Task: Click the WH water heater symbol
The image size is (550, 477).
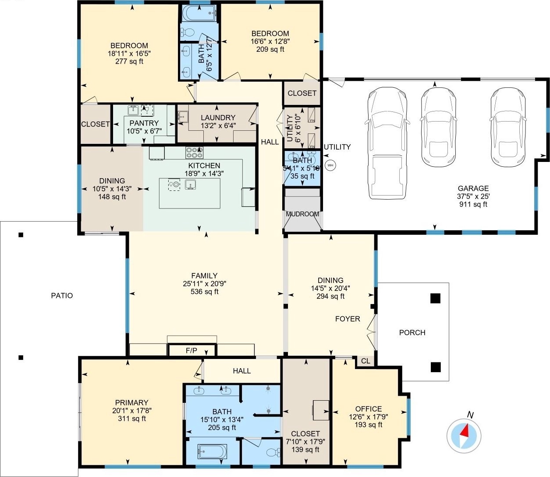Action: click(330, 165)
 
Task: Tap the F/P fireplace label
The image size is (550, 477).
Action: click(192, 351)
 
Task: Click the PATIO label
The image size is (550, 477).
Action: click(62, 295)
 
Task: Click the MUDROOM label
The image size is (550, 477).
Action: click(302, 214)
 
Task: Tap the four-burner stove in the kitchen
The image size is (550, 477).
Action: click(194, 153)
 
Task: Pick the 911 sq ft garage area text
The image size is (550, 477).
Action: click(473, 204)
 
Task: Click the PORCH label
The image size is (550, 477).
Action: click(412, 333)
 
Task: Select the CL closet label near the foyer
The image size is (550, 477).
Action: click(365, 361)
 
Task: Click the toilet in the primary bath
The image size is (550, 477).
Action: click(273, 452)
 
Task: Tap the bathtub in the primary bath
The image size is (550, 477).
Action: click(213, 452)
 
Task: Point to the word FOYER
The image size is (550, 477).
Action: click(348, 319)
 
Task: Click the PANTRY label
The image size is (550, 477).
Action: click(144, 123)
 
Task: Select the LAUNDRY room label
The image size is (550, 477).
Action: click(218, 118)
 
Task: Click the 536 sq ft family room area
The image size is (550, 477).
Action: click(204, 291)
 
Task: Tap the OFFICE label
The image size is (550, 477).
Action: click(369, 409)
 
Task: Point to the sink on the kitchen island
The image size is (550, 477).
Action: click(190, 184)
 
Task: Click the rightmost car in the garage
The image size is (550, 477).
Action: click(508, 127)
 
